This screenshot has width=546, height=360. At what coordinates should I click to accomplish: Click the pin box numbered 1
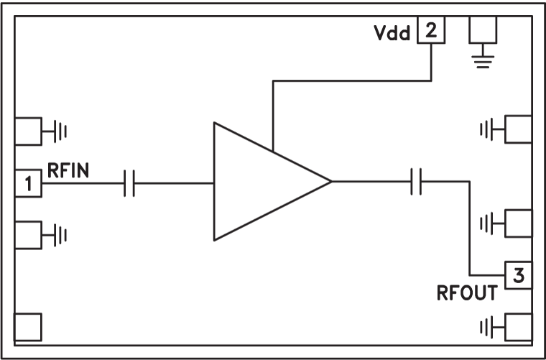(x=29, y=184)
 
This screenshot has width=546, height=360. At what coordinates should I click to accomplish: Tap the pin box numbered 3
(x=519, y=274)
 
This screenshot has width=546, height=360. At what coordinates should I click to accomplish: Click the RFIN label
(x=69, y=170)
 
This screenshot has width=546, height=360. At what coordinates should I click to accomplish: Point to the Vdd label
(x=392, y=34)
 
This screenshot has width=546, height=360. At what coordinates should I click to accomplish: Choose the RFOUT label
(x=467, y=293)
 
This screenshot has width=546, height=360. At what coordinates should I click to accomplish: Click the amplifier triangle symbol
(x=262, y=182)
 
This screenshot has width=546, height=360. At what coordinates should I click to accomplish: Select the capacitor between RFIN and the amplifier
(x=129, y=184)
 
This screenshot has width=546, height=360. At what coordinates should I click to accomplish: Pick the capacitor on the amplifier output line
(x=415, y=182)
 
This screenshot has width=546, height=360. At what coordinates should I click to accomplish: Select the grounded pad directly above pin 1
(x=29, y=131)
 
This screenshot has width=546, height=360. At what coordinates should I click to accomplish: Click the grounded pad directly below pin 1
(x=29, y=234)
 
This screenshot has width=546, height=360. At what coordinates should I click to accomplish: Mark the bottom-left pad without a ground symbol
(x=29, y=327)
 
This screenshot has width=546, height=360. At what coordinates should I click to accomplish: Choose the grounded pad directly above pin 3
(x=519, y=223)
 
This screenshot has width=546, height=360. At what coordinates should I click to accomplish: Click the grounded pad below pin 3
(x=519, y=328)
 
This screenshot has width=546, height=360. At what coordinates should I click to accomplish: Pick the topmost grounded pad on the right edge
(x=519, y=130)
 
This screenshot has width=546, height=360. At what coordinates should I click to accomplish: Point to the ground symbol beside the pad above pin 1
(x=61, y=132)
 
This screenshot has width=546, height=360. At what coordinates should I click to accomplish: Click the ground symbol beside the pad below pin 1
(x=61, y=234)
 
